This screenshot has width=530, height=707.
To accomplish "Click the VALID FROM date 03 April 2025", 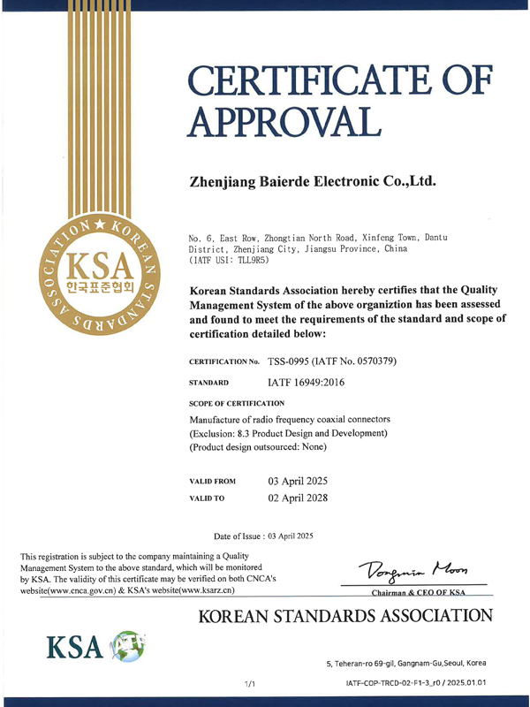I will (298, 481).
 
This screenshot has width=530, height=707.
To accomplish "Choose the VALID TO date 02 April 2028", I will (298, 498).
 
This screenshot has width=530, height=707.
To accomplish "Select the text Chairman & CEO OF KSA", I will (417, 591).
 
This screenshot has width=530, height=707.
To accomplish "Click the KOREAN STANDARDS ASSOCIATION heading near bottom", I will (344, 616).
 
